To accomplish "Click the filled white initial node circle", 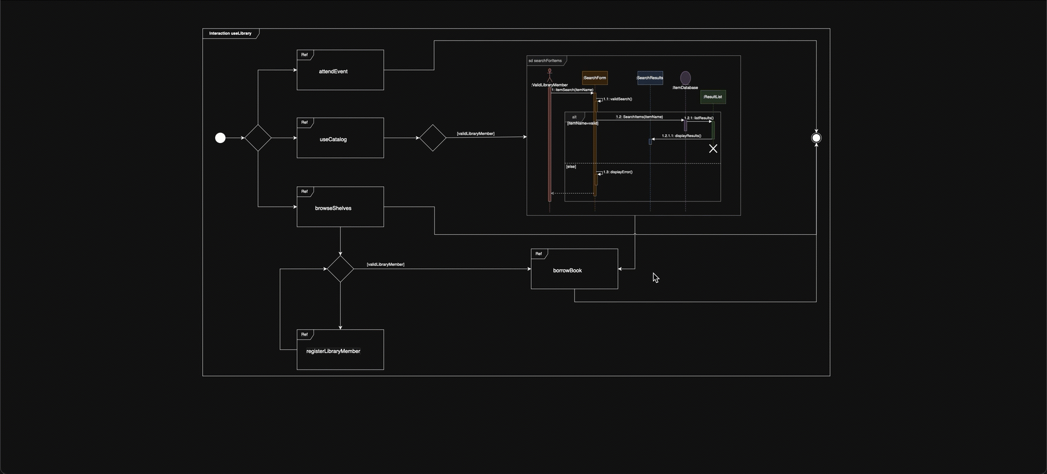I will (220, 138).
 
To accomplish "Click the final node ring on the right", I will (816, 138).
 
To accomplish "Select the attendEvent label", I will (333, 71).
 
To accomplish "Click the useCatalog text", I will (333, 139).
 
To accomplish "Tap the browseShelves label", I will (333, 208).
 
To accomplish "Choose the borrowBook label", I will (567, 271).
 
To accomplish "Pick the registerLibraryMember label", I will (333, 351).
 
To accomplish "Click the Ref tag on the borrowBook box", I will (538, 254).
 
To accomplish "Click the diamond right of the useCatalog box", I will (433, 138).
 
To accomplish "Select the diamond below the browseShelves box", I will (340, 269).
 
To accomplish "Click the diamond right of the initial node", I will (258, 138).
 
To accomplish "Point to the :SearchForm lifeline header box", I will (595, 78).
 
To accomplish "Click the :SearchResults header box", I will (650, 78).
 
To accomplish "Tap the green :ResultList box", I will (713, 97).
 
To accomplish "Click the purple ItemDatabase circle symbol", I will (685, 78).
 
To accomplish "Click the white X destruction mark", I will (713, 148).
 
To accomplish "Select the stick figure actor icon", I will (550, 75).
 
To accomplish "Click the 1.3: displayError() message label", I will (617, 172).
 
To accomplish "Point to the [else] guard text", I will (571, 167).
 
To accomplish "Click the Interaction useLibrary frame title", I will (230, 33).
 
